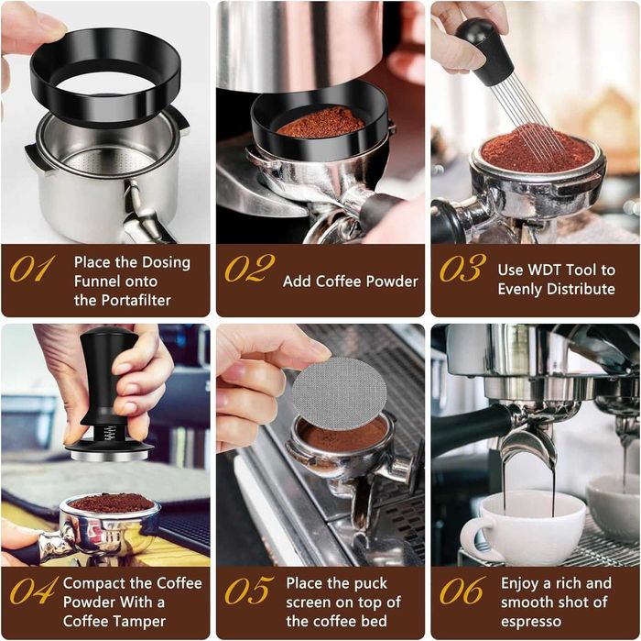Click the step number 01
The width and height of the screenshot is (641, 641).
pos(32,269)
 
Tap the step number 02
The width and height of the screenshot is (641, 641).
pos(248,269)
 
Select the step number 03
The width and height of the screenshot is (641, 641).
pos(462,269)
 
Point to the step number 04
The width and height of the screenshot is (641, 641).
pos(33,591)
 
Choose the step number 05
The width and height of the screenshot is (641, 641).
pos(247,591)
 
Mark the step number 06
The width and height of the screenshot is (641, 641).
pos(462,591)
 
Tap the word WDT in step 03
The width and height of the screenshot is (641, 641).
pos(559,270)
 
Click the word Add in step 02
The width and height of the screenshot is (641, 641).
pos(298,282)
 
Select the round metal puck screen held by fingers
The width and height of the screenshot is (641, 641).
pos(338,393)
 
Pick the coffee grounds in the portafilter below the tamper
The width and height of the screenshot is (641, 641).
pos(112,503)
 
